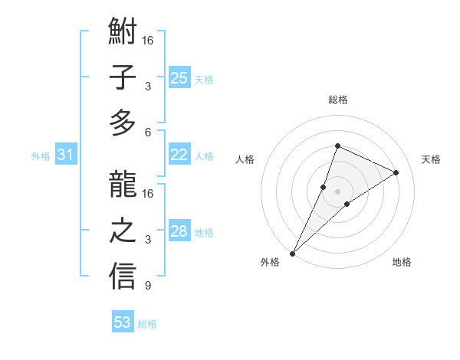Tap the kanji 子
[123, 78]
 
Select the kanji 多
[123, 123]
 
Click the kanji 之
[123, 231]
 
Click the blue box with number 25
[179, 77]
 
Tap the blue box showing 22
[179, 155]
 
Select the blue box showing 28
[179, 231]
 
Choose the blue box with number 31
[66, 155]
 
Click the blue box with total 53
[123, 322]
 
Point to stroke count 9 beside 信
[148, 286]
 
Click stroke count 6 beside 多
[148, 132]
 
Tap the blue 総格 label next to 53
[147, 324]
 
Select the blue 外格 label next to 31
[41, 156]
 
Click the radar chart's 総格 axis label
[337, 100]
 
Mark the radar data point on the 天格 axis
[396, 172]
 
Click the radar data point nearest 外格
[292, 253]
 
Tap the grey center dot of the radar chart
[337, 191]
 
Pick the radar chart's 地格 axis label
[402, 262]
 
